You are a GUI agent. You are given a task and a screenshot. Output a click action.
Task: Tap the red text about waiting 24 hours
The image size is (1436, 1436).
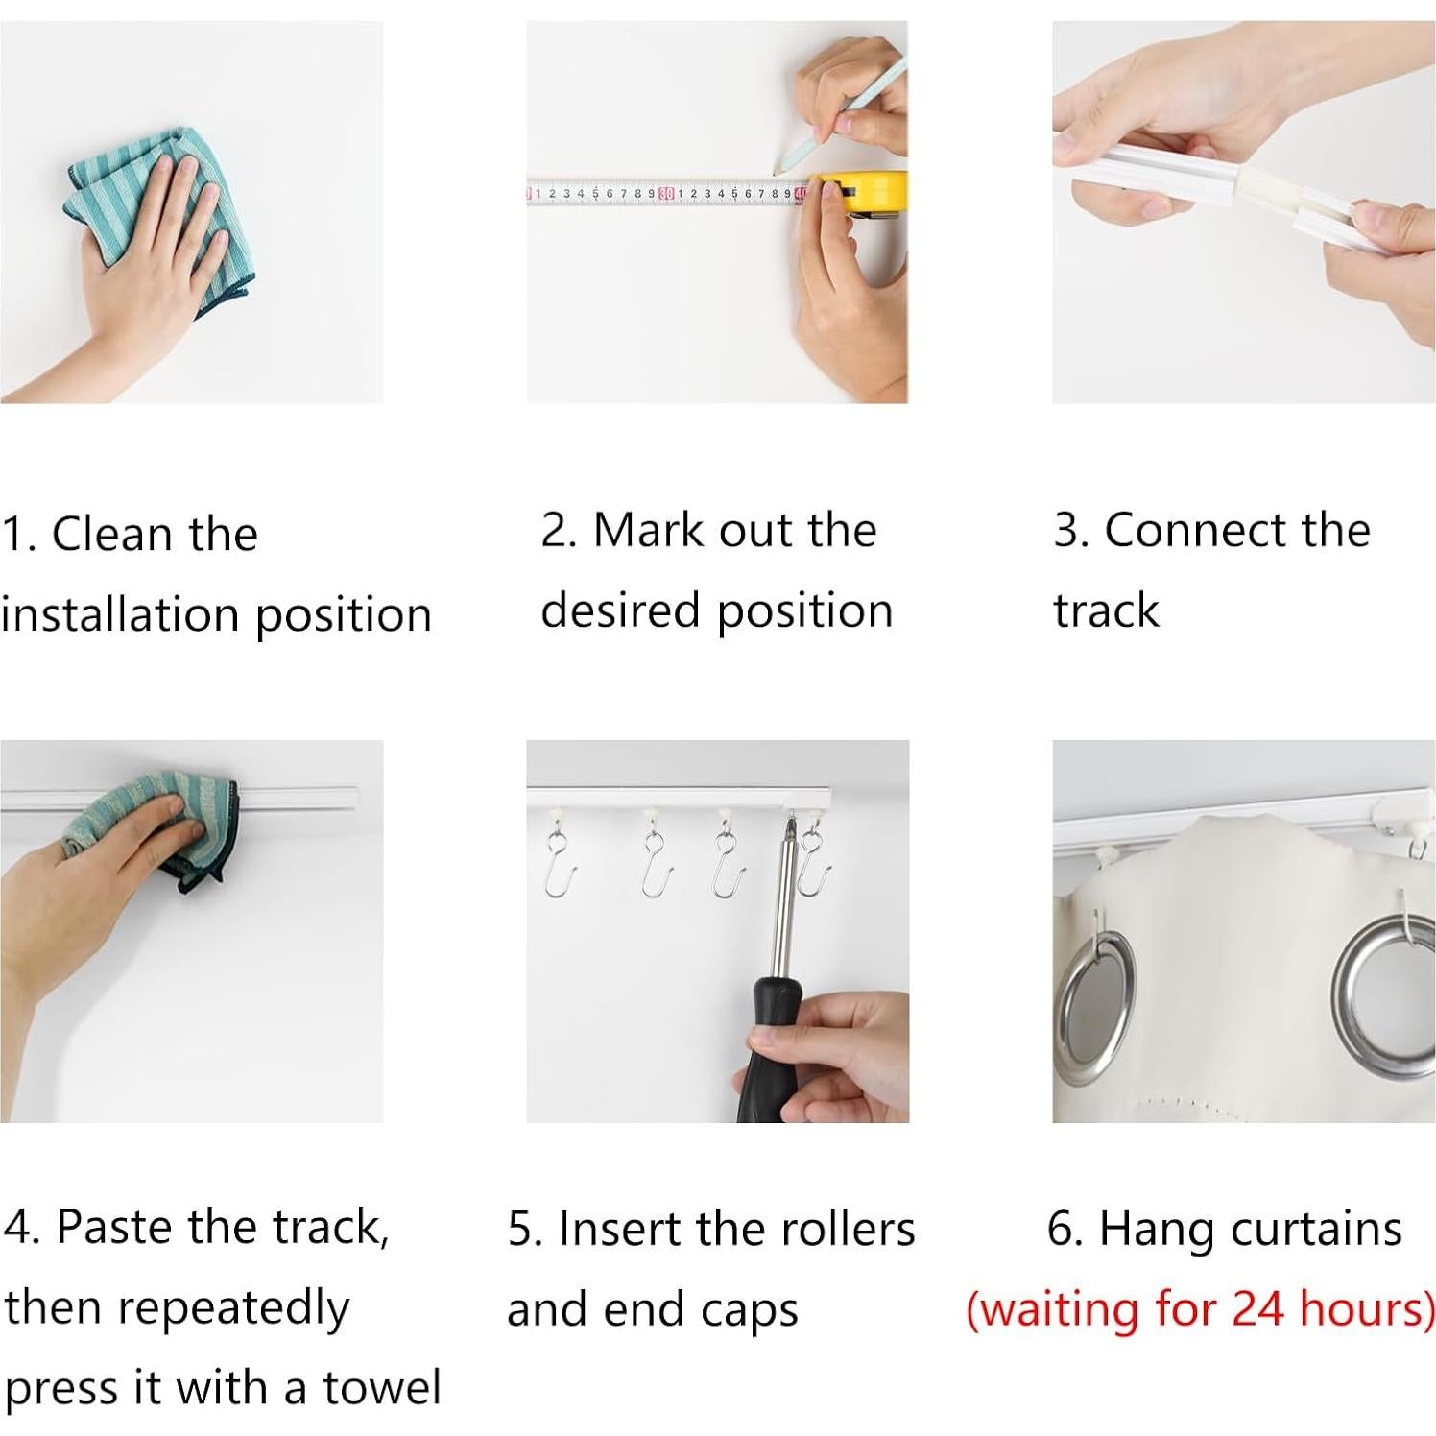click(1201, 1308)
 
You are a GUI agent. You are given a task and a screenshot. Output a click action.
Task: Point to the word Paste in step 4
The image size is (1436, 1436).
click(117, 1226)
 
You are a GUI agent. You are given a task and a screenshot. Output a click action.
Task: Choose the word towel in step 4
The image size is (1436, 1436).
click(382, 1387)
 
